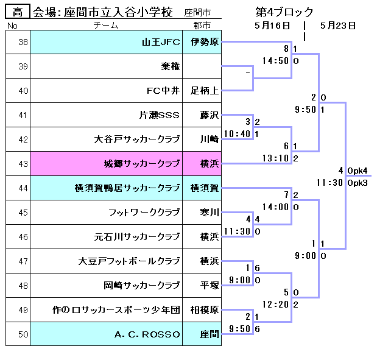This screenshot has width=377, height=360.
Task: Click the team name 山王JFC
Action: pyautogui.click(x=161, y=42)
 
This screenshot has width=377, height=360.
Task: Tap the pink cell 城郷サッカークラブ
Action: pyautogui.click(x=142, y=164)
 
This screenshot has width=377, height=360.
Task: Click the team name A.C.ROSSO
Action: pyautogui.click(x=147, y=334)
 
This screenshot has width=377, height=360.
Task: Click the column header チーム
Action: pyautogui.click(x=106, y=26)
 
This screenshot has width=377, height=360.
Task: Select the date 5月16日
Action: pyautogui.click(x=272, y=26)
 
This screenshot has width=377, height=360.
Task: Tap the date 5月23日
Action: pyautogui.click(x=337, y=26)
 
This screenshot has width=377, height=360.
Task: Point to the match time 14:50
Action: pyautogui.click(x=275, y=61)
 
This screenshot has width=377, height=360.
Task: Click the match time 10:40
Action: pyautogui.click(x=237, y=134)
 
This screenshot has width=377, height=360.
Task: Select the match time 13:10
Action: pyautogui.click(x=275, y=158)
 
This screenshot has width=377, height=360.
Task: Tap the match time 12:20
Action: pyautogui.click(x=275, y=305)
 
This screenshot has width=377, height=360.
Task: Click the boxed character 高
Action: pyautogui.click(x=18, y=12)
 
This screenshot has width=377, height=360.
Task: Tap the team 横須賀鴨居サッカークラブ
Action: pyautogui.click(x=127, y=188)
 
